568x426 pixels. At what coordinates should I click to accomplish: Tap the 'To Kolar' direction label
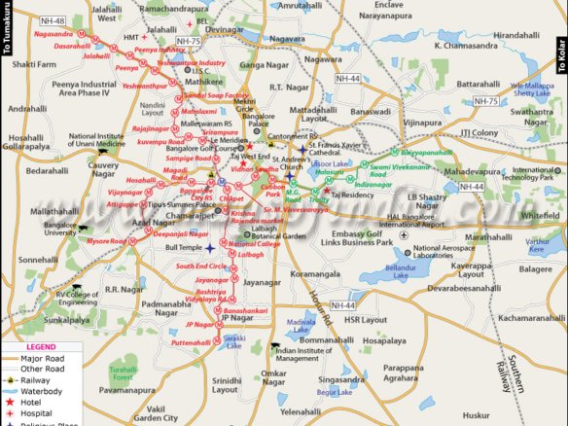point(560,57)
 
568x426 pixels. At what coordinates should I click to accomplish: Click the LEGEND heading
point(40,347)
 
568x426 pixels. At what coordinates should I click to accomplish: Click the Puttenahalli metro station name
point(192,343)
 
